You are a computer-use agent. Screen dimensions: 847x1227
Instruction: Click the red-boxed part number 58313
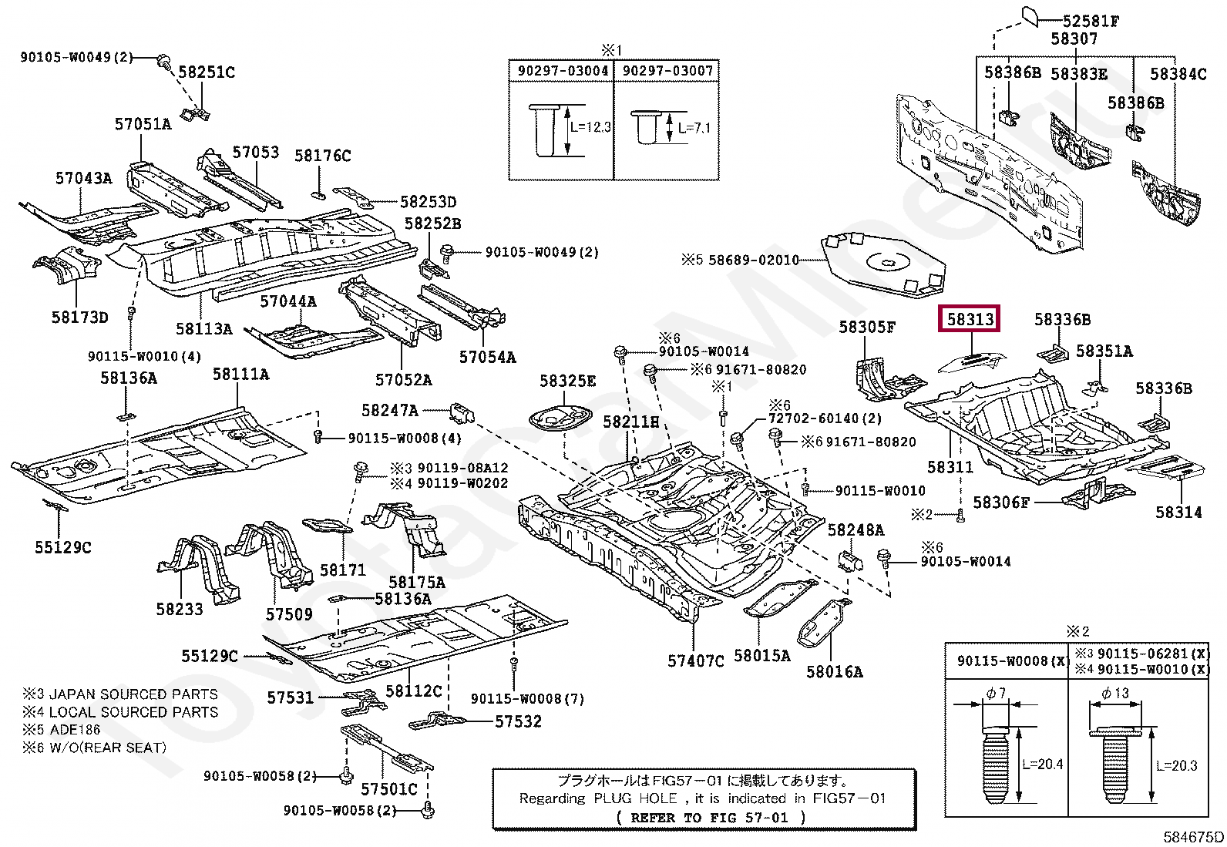(x=970, y=319)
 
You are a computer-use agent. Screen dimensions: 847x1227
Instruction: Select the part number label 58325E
(x=567, y=381)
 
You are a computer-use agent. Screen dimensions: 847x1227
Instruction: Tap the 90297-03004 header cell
(x=562, y=71)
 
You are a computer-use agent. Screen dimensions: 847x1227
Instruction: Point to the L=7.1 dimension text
(x=694, y=128)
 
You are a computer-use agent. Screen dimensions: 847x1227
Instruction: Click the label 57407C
(x=695, y=660)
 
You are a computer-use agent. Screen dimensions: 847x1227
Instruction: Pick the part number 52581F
(x=1091, y=21)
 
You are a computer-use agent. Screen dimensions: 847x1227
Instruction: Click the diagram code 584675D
(x=1193, y=837)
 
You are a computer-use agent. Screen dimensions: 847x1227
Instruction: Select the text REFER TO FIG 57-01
(x=710, y=818)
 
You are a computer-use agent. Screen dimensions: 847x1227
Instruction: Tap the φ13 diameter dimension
(x=1115, y=693)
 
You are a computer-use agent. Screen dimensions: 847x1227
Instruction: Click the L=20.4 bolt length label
(x=1042, y=764)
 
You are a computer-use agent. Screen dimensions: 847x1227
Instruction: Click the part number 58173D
(x=80, y=317)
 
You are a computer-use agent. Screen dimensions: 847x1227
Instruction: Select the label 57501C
(x=388, y=789)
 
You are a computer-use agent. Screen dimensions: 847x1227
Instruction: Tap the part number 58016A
(x=834, y=671)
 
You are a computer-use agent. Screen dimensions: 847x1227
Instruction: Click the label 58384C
(x=1178, y=74)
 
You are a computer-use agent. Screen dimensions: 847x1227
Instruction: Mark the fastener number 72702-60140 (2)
(x=825, y=418)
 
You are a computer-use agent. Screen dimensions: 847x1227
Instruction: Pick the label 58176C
(x=322, y=156)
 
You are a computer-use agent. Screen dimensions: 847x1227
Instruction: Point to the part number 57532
(x=518, y=721)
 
